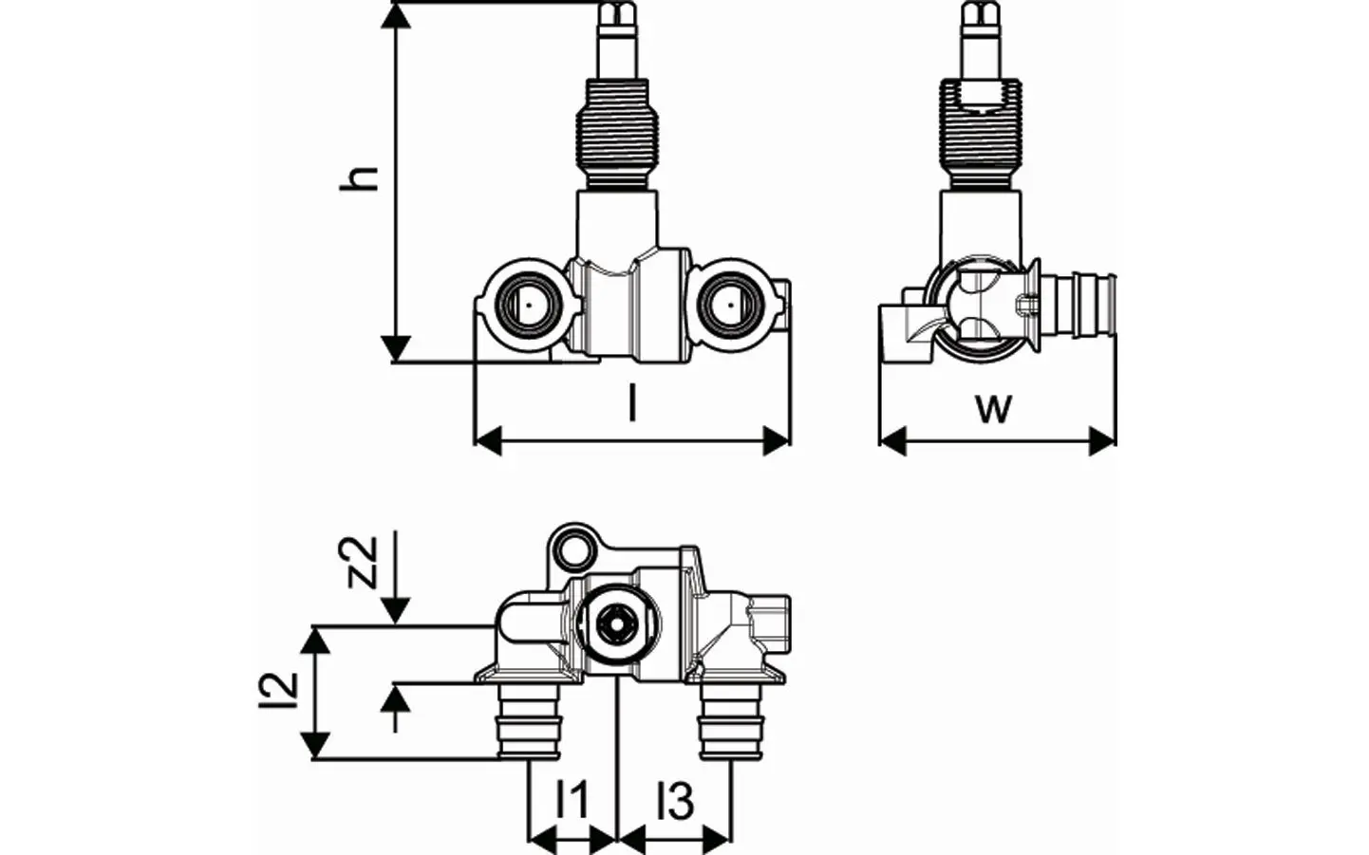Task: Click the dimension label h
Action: (x=361, y=177)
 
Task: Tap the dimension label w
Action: (x=994, y=408)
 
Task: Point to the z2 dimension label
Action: (x=362, y=562)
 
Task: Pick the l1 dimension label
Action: (x=572, y=802)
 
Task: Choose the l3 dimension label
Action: (x=675, y=802)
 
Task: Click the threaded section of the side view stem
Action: (x=980, y=129)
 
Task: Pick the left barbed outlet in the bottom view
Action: (x=529, y=723)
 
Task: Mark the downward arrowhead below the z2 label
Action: (x=398, y=611)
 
